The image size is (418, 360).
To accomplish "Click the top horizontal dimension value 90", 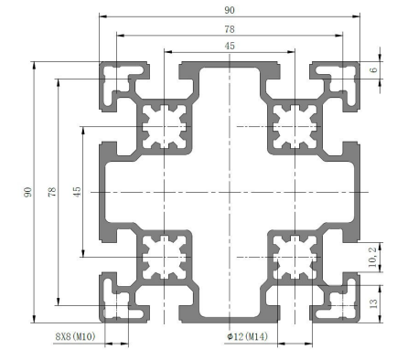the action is pos(230,10).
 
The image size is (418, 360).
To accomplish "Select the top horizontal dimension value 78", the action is pos(230,29).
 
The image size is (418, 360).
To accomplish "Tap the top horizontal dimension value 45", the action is pos(230,46).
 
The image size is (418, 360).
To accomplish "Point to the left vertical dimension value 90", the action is pos(27,192).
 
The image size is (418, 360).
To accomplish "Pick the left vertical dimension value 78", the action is pos(52,192).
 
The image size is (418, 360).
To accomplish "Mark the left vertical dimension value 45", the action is pos(77,192).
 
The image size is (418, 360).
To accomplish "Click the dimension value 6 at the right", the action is pos(373,70).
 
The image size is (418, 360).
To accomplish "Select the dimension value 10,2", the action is pos(373,257).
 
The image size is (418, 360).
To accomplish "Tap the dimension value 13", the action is pos(373,303).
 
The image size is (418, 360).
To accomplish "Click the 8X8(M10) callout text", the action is pos(75,336).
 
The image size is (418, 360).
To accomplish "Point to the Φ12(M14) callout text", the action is pos(248,336).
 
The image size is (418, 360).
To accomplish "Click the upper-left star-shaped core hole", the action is pos(165,126).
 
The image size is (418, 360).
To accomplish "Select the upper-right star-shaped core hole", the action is pos(295,126).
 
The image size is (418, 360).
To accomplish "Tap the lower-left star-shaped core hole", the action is pos(165,257).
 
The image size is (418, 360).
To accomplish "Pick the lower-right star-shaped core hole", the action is pos(295,257).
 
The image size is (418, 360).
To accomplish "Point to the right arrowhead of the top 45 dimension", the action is pos(291,52).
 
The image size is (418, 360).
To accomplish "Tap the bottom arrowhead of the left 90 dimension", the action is pos(34,319).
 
